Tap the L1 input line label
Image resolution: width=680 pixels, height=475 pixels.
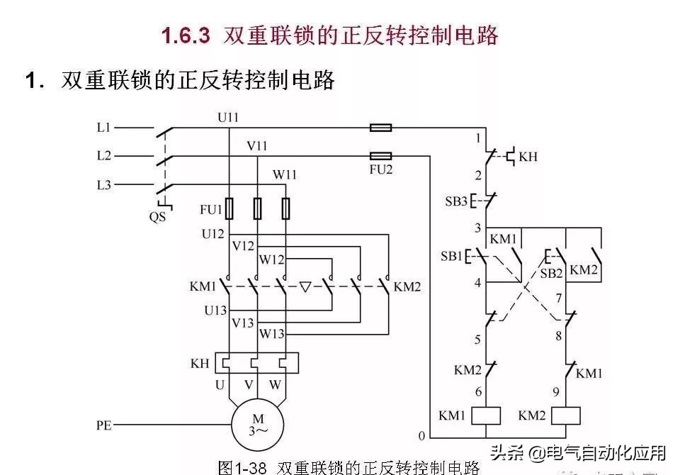103,128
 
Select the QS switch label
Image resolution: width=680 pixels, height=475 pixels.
157,217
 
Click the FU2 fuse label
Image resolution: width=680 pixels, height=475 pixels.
380,171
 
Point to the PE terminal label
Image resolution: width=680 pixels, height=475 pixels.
103,426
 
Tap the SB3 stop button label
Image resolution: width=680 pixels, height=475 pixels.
456,201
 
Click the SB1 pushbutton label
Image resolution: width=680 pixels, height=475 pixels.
451,256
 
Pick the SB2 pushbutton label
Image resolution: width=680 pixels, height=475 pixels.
552,273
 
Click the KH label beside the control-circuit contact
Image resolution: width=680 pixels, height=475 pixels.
528,156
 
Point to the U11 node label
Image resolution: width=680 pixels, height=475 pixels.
228,117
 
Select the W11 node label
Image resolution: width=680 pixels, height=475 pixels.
285,174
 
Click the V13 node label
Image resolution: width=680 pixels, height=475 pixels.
243,323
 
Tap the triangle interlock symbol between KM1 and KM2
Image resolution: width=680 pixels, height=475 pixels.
305,287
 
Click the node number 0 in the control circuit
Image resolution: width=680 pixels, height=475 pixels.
422,435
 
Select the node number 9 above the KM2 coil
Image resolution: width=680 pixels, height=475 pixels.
558,391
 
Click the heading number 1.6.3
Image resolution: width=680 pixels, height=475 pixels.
186,35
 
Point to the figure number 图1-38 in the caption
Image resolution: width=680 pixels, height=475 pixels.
242,467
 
